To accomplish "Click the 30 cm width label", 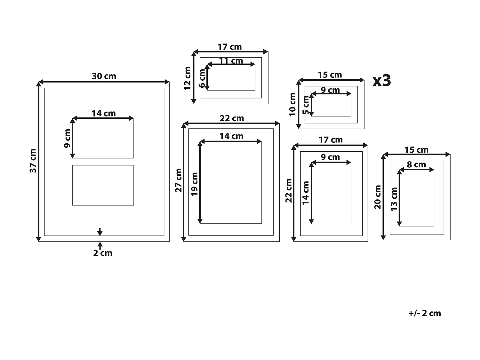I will coord(104,76).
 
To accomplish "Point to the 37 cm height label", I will coord(33,161).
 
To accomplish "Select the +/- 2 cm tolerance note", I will coord(424,313).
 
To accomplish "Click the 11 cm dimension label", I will coord(231,60).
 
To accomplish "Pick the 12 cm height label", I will coord(188,78).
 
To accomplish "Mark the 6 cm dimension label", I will coord(202,78).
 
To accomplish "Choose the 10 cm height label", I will coord(292,105).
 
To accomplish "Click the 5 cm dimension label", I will coord(306,106).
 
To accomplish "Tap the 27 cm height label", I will coord(179,180).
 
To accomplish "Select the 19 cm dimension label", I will coord(195,184).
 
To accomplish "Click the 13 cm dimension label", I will coord(394,199).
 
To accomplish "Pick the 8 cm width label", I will coord(416,164).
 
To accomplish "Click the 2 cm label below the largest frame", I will coord(103,253).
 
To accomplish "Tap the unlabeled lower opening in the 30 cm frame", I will coord(103,185).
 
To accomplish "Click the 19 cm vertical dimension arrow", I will coord(200,182).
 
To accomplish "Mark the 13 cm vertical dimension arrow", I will coord(399,198).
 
